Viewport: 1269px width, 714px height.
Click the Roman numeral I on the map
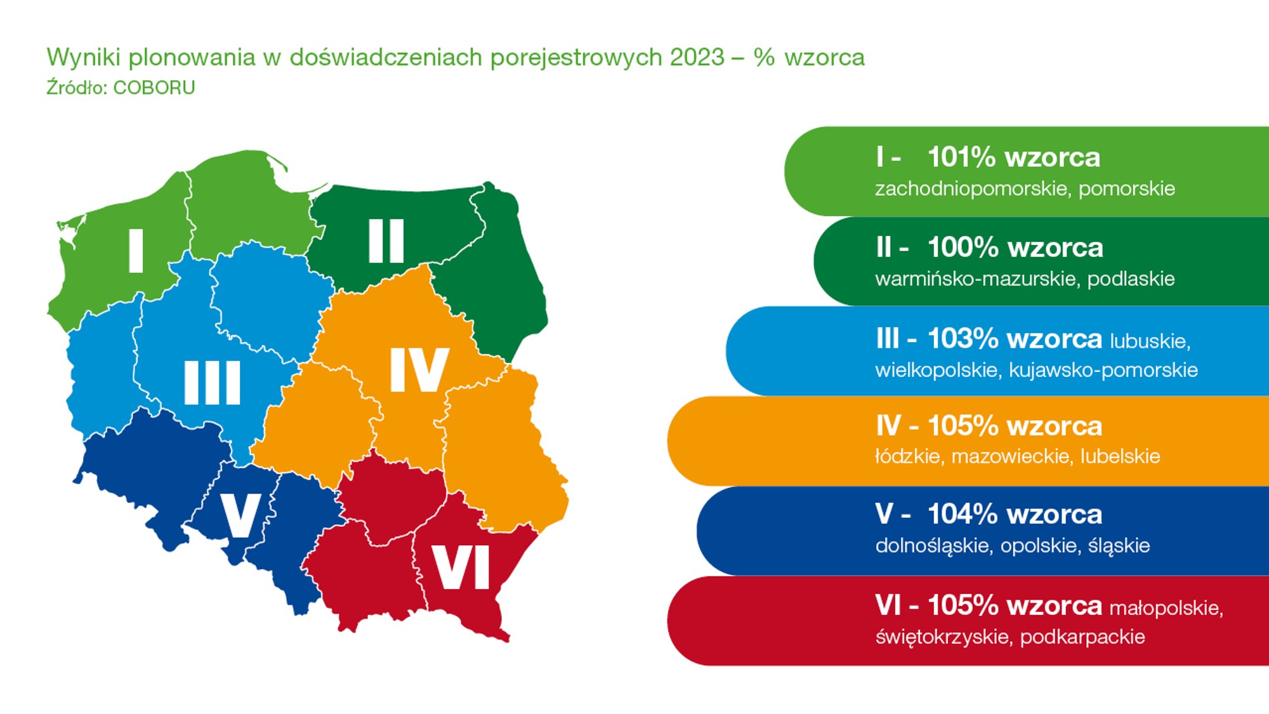(136, 251)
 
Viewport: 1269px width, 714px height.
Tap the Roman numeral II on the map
(386, 241)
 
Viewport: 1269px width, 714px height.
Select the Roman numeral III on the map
(213, 383)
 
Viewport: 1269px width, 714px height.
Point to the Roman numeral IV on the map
(419, 369)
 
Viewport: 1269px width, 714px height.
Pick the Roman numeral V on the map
(240, 515)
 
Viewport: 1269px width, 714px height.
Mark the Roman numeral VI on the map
(461, 567)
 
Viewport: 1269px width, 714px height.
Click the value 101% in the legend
(962, 157)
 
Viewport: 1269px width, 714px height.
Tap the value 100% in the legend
(963, 248)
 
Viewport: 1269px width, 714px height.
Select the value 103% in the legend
(963, 339)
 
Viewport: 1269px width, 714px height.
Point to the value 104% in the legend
(963, 515)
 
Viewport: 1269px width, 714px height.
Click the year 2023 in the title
(697, 58)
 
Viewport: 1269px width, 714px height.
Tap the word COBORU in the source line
(154, 88)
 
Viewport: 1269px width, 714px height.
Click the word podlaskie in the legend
(1131, 279)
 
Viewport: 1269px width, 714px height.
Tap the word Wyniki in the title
(84, 58)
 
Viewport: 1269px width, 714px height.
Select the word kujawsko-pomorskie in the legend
(1103, 370)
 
